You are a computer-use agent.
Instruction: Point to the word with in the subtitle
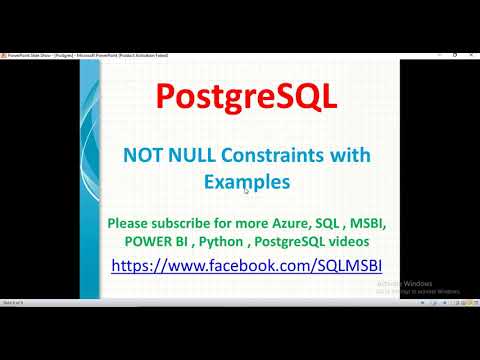353,155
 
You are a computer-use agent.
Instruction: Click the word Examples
247,182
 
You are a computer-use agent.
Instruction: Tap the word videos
366,241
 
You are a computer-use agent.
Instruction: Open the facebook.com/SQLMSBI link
247,266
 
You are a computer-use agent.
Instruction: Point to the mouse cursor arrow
246,190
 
